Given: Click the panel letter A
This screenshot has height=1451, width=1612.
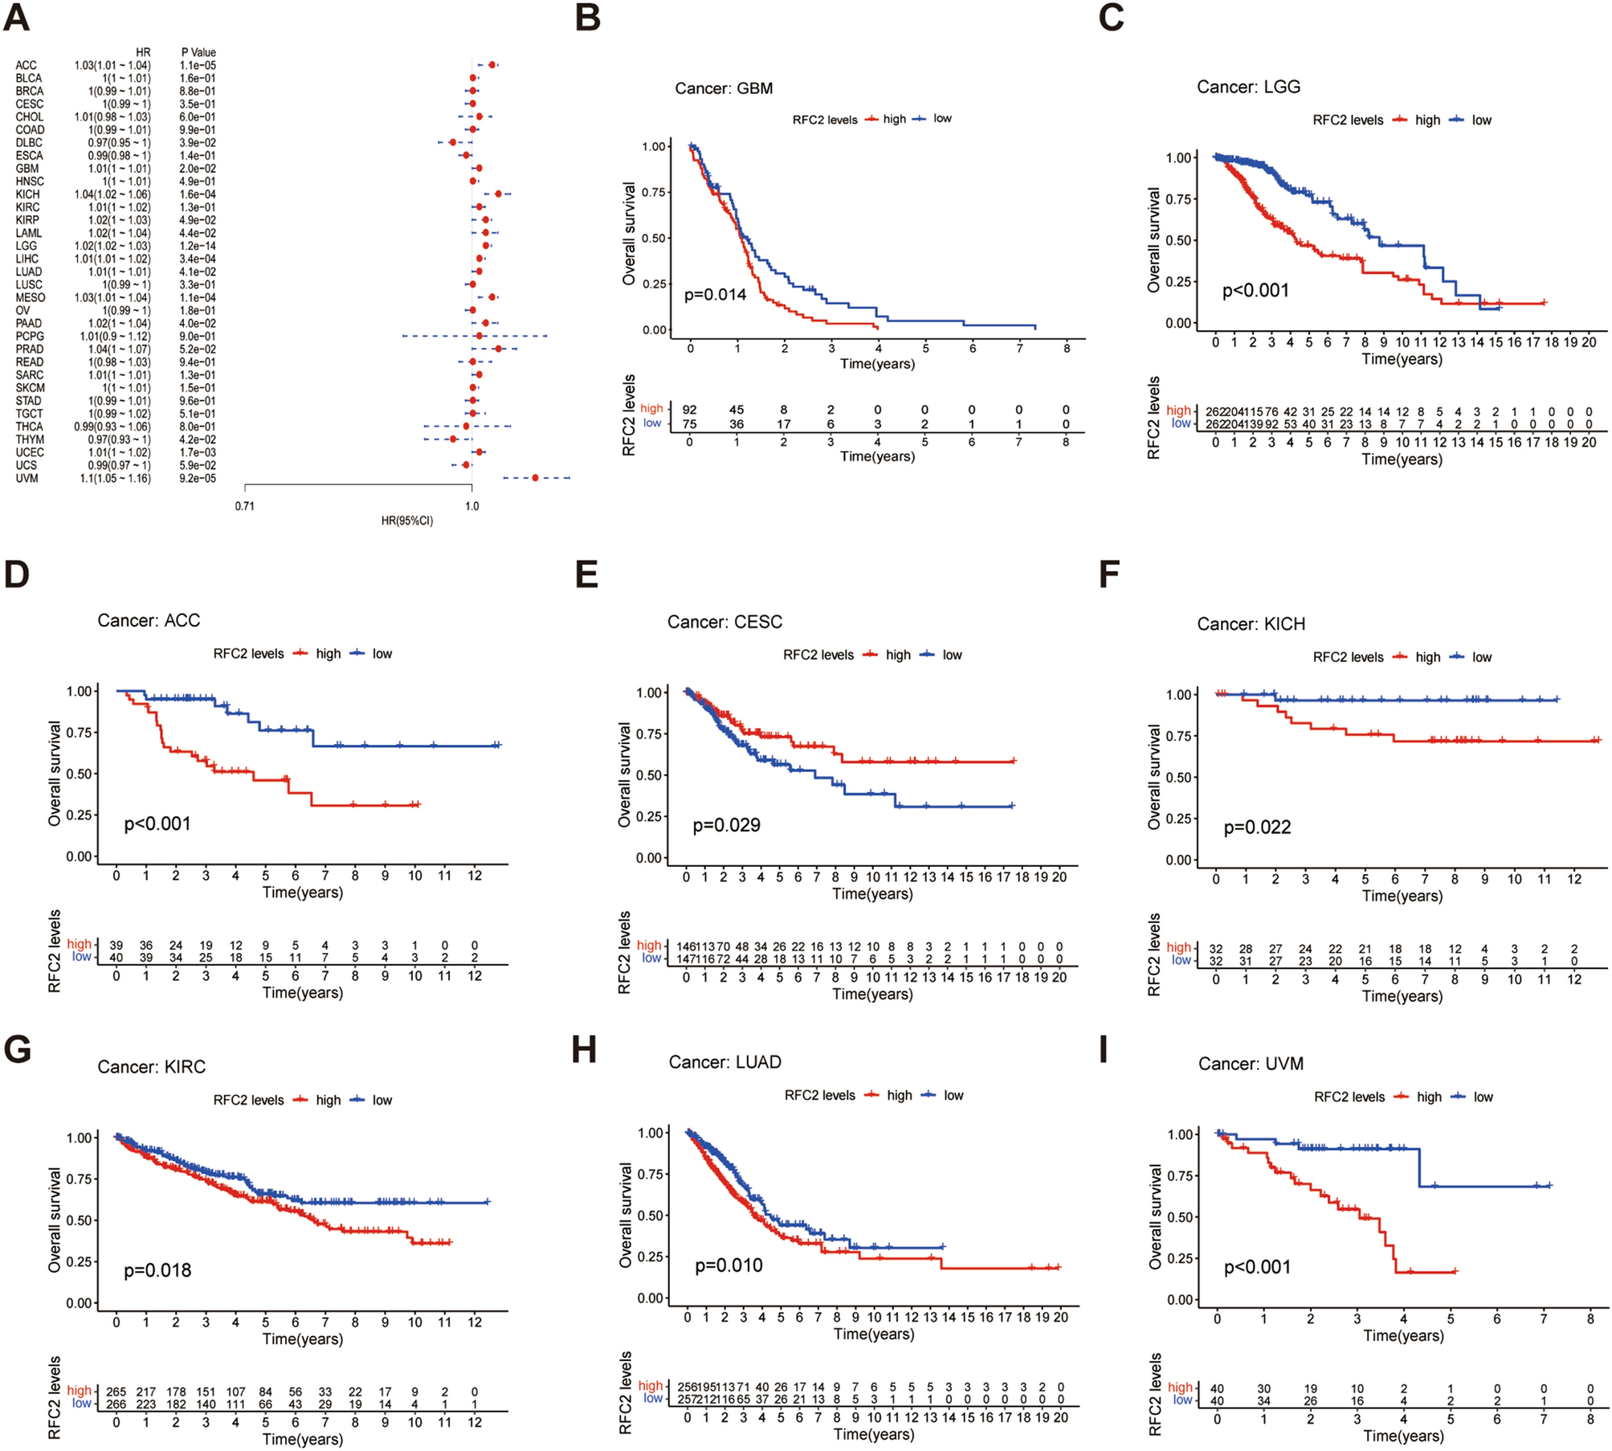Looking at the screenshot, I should (x=17, y=17).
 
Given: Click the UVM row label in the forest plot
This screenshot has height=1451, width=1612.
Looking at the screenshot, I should (x=27, y=479).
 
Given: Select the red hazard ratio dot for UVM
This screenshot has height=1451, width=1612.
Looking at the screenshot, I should (x=535, y=478).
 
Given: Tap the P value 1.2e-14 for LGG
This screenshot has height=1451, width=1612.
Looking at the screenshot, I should (x=198, y=246).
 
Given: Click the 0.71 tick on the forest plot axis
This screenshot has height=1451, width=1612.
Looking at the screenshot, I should (x=244, y=506).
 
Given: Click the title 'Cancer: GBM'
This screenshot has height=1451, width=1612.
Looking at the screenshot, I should (x=723, y=88).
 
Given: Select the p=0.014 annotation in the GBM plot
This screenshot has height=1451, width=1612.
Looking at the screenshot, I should (x=715, y=295).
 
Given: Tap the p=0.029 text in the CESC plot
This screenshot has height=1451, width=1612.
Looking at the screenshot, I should (x=726, y=825).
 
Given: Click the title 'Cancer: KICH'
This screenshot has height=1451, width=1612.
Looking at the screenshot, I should (x=1251, y=624).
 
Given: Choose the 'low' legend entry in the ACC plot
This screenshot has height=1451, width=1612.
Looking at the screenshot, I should (x=382, y=654).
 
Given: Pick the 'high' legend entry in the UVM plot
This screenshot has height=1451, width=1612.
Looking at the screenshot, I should (x=1428, y=1097).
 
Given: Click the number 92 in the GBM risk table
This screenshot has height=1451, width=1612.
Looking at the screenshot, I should (x=689, y=410).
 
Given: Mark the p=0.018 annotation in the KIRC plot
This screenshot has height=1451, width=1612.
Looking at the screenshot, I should (x=157, y=1270).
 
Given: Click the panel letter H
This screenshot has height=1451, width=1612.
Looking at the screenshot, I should (x=584, y=1049).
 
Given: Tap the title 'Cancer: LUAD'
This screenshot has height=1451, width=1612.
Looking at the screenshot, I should (x=724, y=1062).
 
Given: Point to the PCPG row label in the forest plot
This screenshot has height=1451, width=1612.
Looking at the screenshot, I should (x=30, y=337).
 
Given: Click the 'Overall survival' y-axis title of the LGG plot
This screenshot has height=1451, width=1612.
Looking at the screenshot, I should (x=1153, y=240).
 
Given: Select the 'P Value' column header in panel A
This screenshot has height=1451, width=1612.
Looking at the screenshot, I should (x=198, y=53).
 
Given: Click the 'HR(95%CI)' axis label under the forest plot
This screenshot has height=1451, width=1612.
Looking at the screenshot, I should (x=406, y=521).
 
